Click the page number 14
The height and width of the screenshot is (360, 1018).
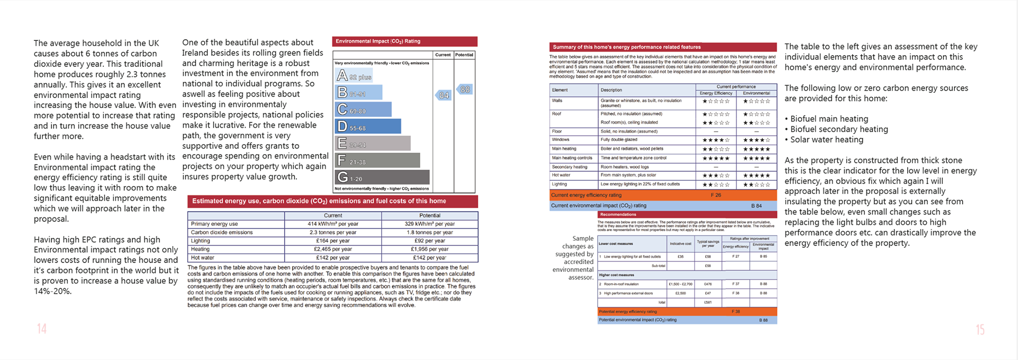[42, 329]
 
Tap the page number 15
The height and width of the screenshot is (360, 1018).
[980, 330]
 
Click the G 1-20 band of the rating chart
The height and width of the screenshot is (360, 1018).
[382, 177]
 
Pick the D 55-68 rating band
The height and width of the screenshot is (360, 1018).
[368, 127]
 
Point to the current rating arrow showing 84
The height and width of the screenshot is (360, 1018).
[443, 95]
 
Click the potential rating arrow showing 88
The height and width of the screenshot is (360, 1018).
[464, 90]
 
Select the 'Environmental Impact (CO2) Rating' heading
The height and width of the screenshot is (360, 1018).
[378, 41]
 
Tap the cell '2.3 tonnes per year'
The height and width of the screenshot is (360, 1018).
[332, 232]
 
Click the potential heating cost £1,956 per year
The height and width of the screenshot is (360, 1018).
[429, 249]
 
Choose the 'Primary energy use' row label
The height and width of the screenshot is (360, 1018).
[214, 224]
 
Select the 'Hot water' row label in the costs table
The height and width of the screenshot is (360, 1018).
[203, 258]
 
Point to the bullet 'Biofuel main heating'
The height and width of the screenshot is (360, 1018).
[829, 119]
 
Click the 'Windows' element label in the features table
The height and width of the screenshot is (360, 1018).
[560, 139]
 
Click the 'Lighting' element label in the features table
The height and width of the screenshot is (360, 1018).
[559, 184]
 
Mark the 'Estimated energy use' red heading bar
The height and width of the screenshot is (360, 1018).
[332, 201]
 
